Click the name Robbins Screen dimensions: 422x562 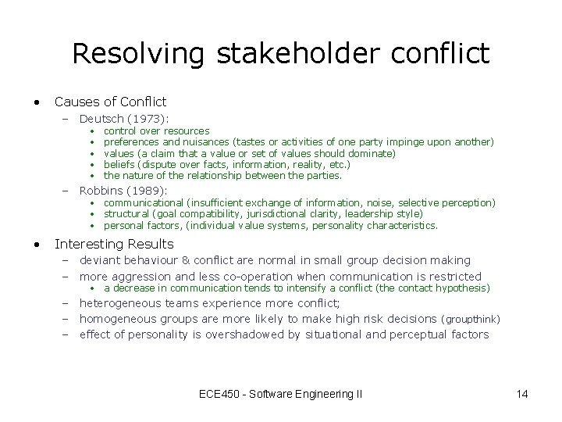point(102,190)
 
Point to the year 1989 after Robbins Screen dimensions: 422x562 point(147,190)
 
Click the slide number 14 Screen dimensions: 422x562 point(522,394)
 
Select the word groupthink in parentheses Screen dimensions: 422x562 point(471,320)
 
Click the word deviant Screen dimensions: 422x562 point(100,260)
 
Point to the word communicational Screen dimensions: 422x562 point(143,202)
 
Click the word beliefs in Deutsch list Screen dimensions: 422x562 point(119,165)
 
